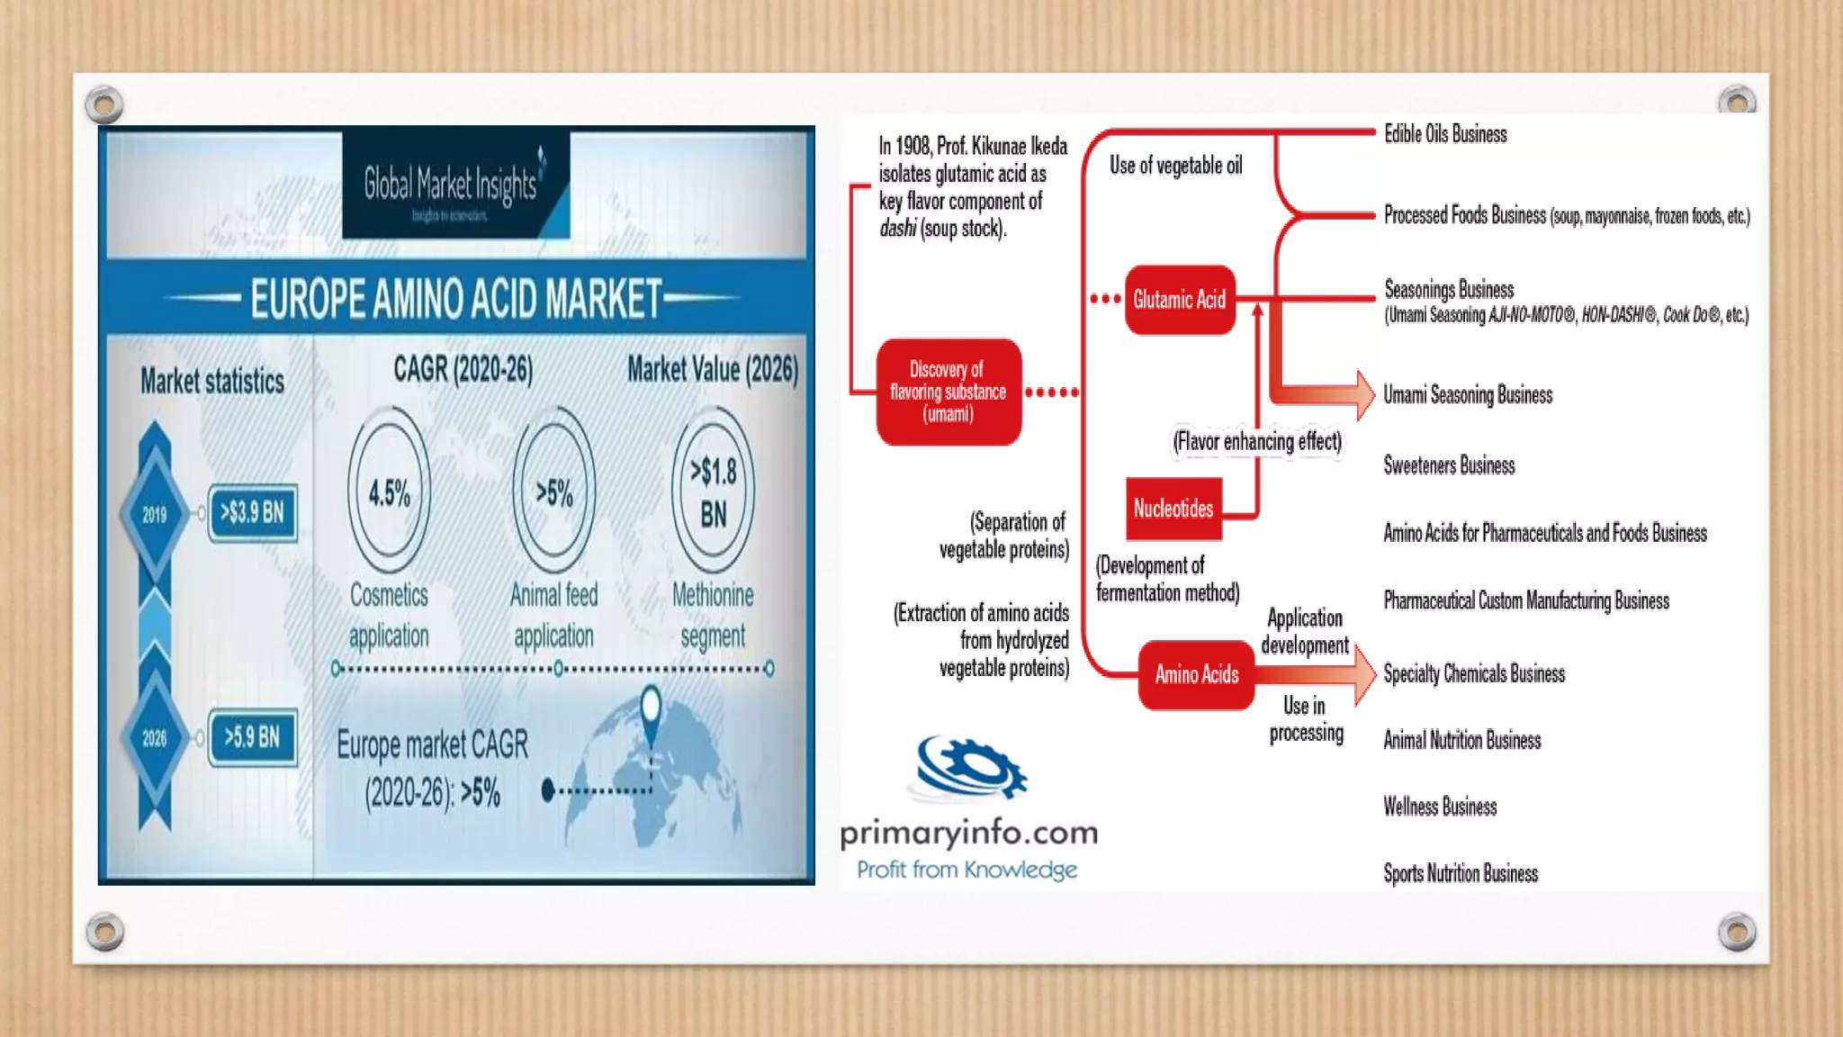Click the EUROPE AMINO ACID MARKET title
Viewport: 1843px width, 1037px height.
[455, 299]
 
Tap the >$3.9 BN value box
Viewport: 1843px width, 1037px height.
[253, 513]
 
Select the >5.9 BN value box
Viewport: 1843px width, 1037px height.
[253, 737]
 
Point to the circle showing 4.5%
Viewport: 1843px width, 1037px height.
[389, 491]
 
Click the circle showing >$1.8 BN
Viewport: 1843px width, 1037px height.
[713, 491]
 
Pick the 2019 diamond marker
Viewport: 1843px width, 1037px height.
[155, 514]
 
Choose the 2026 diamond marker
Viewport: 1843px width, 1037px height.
[155, 738]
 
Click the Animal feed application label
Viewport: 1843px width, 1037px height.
[553, 615]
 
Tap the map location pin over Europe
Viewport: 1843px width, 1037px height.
[651, 708]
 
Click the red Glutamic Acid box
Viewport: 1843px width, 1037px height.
[1180, 300]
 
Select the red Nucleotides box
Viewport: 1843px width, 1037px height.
[1173, 509]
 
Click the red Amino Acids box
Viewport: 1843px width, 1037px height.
[1197, 674]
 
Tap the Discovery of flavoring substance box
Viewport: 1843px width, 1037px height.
[948, 392]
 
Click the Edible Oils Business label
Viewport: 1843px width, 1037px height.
[1445, 134]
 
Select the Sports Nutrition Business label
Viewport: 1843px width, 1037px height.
[1461, 873]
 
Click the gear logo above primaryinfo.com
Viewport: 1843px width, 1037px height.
[970, 768]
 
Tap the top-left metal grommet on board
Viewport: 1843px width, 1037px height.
[104, 105]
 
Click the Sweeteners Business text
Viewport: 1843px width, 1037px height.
[1449, 465]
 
